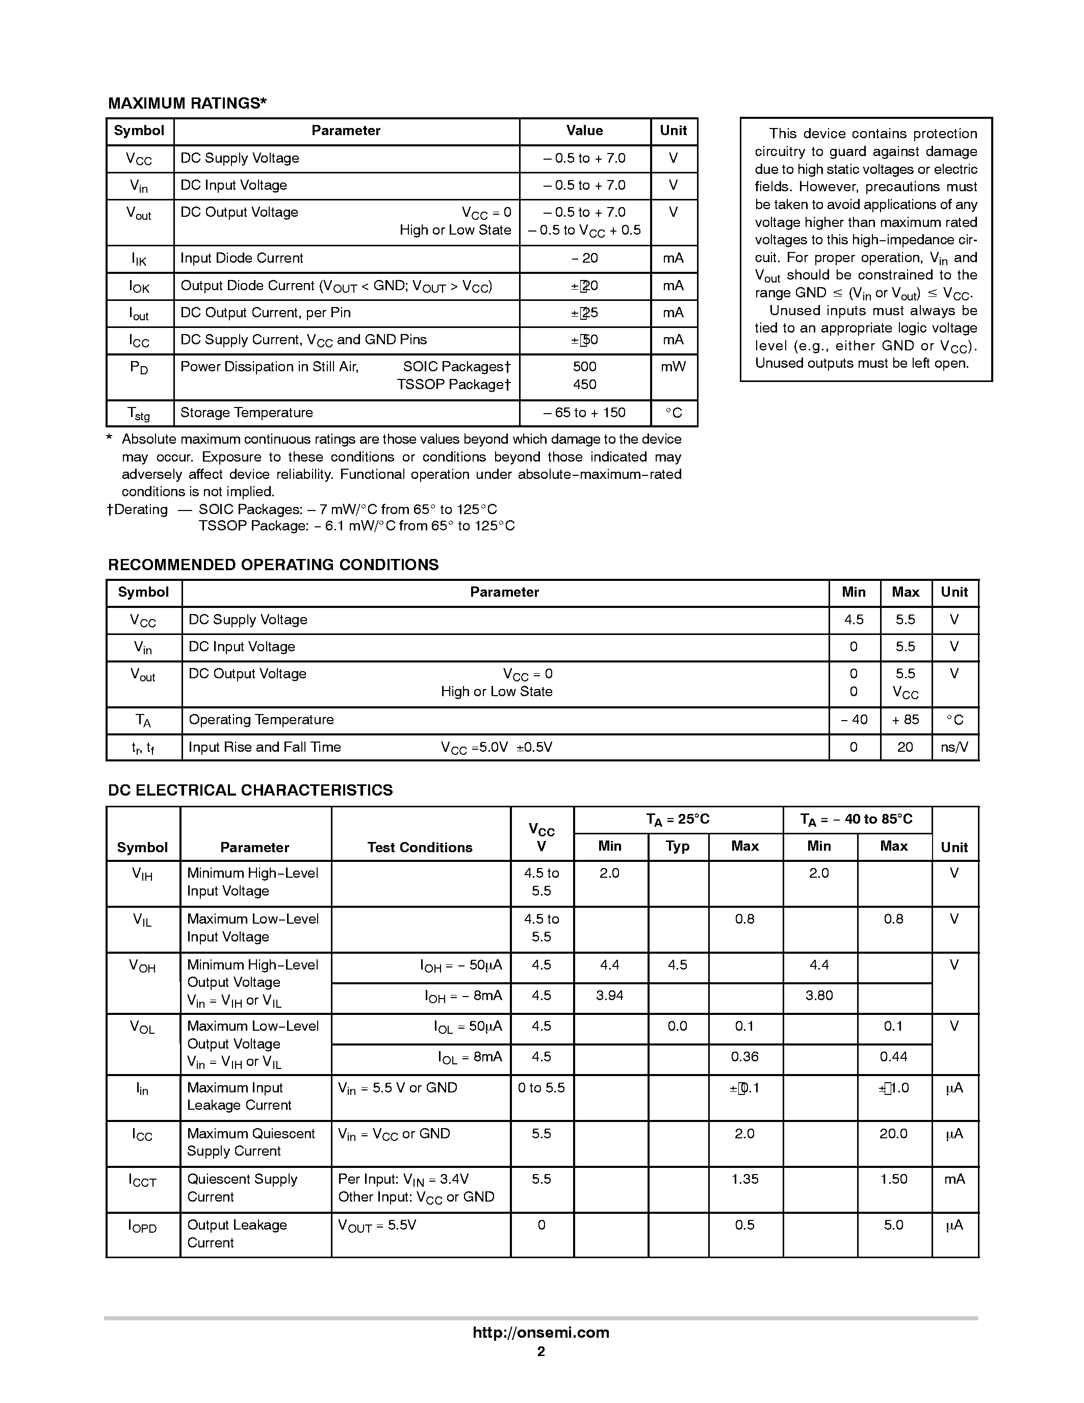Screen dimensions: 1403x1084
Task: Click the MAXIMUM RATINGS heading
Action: tap(187, 104)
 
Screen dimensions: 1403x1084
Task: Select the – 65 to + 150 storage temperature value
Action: tap(584, 413)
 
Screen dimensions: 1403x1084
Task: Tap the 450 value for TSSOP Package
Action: tap(584, 384)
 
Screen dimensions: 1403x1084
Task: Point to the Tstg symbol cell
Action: tap(139, 413)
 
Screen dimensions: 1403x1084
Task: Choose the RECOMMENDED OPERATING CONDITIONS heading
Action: tap(273, 565)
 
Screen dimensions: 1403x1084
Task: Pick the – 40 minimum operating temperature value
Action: tap(854, 720)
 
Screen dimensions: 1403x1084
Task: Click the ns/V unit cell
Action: tap(954, 747)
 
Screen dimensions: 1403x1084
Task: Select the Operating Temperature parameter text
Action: tap(261, 720)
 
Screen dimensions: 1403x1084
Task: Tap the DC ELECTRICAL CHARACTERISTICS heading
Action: tap(250, 790)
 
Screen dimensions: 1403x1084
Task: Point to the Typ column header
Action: tap(678, 846)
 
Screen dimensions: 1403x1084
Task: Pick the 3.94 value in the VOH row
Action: tap(609, 995)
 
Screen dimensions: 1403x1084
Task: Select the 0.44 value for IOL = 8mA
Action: tap(893, 1057)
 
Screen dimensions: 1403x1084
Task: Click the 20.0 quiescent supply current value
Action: tap(893, 1133)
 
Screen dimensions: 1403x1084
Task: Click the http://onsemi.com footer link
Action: tap(540, 1332)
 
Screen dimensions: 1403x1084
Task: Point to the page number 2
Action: tap(540, 1351)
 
